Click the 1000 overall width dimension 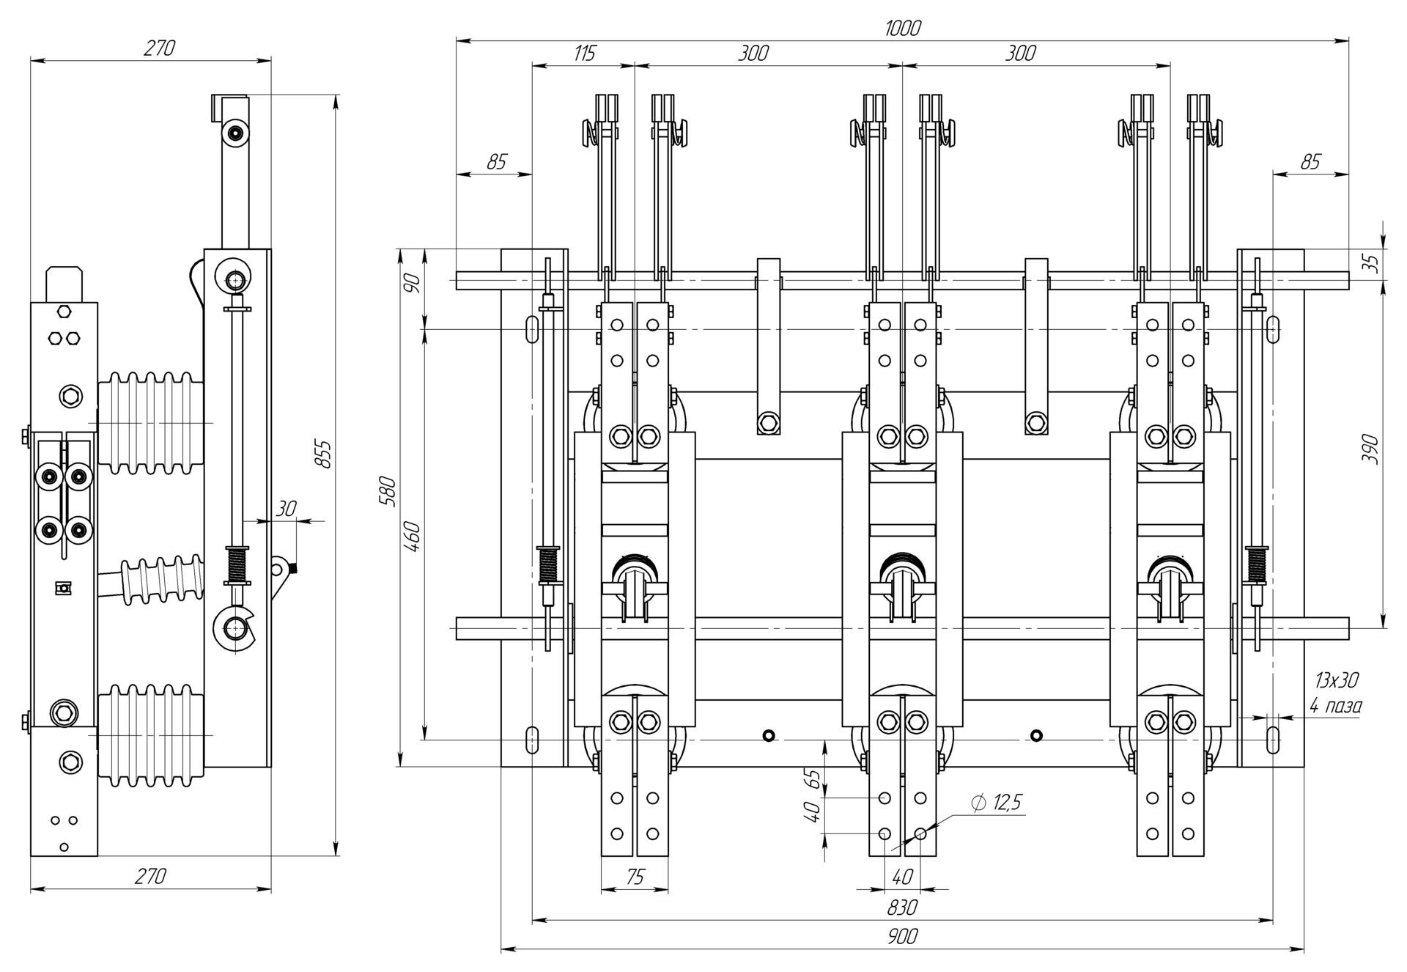tap(902, 29)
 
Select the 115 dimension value tap(584, 53)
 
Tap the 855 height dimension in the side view tap(323, 454)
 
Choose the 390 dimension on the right tap(1369, 449)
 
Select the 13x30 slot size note tap(1336, 680)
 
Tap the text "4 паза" tap(1336, 706)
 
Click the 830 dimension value tap(901, 907)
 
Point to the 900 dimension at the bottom tap(901, 937)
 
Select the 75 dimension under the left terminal tap(635, 877)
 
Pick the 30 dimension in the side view tap(287, 509)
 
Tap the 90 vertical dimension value tap(413, 282)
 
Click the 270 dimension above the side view tap(158, 48)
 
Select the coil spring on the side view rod tap(237, 564)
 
